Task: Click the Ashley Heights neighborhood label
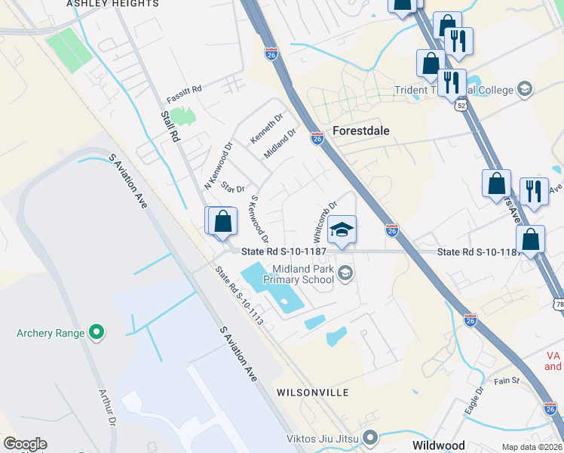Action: coord(112,4)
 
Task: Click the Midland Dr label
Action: coord(280,143)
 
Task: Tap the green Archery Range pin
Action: coord(96,332)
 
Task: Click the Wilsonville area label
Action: coord(313,393)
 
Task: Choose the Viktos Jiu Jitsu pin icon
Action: coord(370,437)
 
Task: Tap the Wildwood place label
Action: coord(438,445)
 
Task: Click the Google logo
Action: coord(25,444)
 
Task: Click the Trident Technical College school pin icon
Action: coord(524,91)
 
